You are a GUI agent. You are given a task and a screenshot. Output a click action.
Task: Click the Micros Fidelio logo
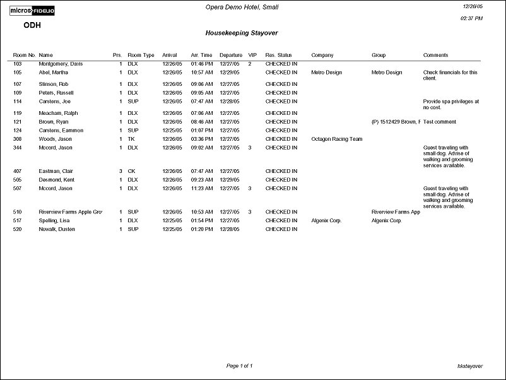pos(32,11)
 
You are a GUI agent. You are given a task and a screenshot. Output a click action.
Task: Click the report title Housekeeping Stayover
pos(242,32)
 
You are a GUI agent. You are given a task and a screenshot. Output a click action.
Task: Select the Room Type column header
pos(141,55)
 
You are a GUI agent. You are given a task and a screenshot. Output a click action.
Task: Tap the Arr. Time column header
pos(201,55)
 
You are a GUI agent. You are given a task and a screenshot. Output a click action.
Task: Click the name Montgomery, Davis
pos(61,64)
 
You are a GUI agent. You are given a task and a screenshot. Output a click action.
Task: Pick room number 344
pos(18,148)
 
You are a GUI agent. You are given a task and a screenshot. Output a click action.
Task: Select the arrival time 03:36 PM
pos(201,139)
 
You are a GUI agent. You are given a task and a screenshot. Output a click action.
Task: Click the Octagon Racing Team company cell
pos(336,139)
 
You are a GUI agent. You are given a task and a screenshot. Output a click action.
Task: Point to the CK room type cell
pos(131,171)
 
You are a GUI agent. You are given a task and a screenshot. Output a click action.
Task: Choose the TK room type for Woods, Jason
pos(131,139)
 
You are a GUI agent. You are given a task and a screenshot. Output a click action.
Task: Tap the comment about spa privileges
pos(450,104)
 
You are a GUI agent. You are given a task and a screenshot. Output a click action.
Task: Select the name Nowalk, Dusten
pos(57,229)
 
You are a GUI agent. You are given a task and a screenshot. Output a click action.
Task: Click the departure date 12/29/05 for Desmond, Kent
pos(230,180)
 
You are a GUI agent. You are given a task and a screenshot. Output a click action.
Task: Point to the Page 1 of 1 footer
pos(239,365)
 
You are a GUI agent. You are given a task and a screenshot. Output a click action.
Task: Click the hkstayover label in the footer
pos(469,365)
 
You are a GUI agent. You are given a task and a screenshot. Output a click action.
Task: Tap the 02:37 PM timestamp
pos(472,18)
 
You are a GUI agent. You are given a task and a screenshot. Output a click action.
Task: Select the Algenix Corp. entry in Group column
pos(386,221)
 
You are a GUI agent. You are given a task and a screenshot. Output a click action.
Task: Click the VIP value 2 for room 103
pos(250,64)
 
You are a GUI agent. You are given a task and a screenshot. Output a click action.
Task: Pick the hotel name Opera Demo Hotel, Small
pos(242,7)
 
